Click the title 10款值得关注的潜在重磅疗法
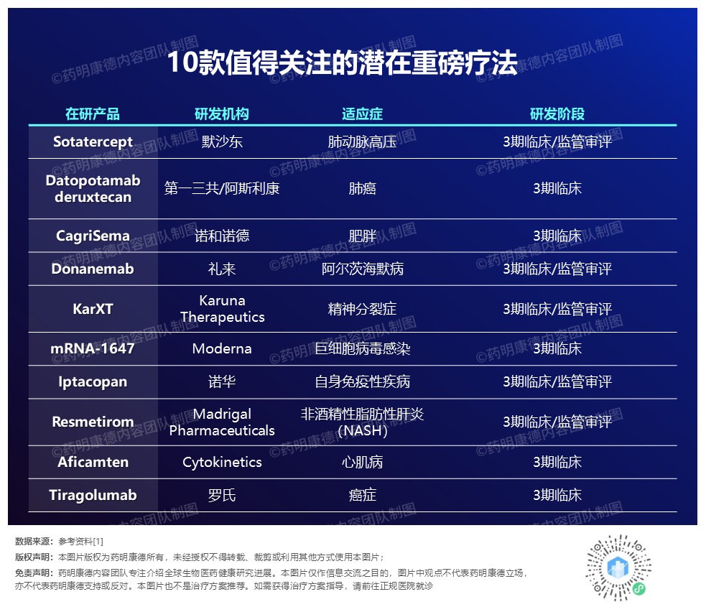point(342,62)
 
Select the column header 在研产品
point(93,114)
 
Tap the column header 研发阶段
point(557,114)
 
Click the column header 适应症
point(362,114)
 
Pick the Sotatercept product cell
point(93,142)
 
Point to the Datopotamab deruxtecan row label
point(93,189)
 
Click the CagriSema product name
point(93,236)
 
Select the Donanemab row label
point(93,269)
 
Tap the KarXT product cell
point(93,309)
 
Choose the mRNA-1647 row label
point(93,348)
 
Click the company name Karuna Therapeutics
point(222,309)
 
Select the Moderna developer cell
point(222,348)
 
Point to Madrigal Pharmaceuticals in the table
point(222,422)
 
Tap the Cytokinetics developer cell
point(222,462)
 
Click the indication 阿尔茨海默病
point(363,269)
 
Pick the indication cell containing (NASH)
point(363,422)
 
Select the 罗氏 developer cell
point(222,496)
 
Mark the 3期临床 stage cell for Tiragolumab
point(557,496)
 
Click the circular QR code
point(618,567)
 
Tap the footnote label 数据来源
point(33,541)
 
